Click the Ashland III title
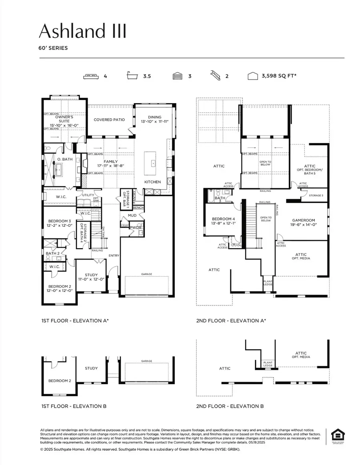(x=82, y=31)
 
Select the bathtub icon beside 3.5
(x=132, y=76)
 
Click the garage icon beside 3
(x=177, y=76)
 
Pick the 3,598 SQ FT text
(x=279, y=76)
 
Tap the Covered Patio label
(x=109, y=120)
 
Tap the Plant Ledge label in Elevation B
(x=267, y=364)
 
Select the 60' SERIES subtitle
(x=53, y=48)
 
